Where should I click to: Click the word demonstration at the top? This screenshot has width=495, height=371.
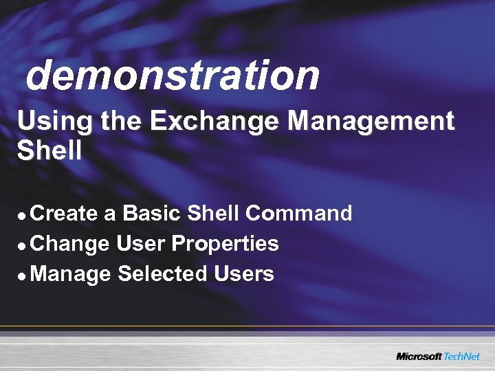(173, 75)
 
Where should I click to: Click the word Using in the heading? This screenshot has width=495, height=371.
(56, 122)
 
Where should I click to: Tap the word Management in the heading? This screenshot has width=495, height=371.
(371, 122)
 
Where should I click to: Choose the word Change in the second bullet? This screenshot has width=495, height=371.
(70, 244)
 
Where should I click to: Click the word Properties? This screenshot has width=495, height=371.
(225, 245)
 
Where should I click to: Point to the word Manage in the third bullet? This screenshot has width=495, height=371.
(71, 275)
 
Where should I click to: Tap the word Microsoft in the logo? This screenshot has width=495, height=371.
(419, 357)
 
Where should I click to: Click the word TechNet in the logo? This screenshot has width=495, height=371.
(461, 357)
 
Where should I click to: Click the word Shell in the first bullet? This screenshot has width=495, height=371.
(213, 214)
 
